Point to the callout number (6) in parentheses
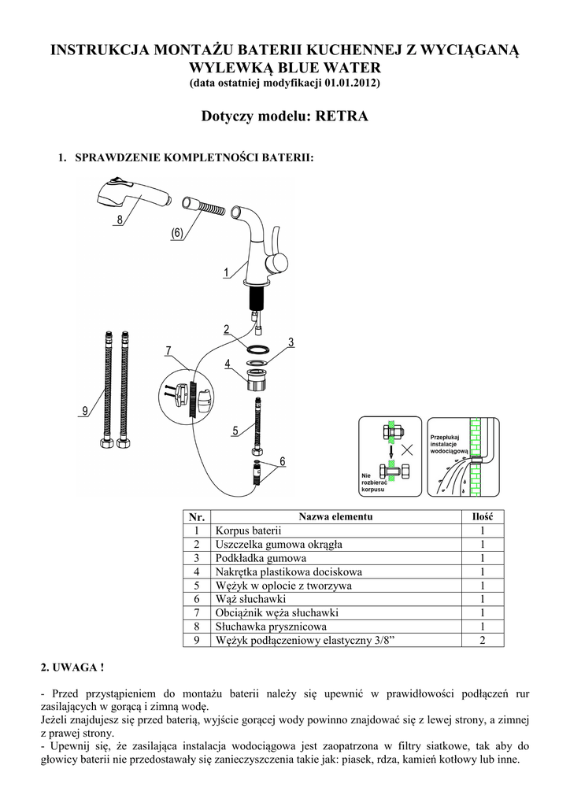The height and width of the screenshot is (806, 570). click(176, 233)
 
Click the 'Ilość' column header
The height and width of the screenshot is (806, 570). click(482, 516)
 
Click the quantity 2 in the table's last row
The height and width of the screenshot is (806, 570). click(482, 641)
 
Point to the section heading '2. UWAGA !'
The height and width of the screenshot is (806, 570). click(72, 668)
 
